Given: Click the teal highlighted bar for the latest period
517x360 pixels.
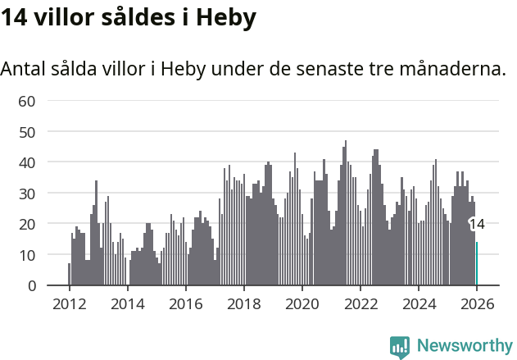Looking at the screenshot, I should (477, 264).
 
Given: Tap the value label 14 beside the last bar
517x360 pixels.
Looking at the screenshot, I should (477, 224).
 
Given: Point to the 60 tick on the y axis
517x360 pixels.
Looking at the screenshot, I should (28, 101).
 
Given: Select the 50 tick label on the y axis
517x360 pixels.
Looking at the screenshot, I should (28, 132).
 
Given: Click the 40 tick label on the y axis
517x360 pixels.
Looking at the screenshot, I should (28, 162).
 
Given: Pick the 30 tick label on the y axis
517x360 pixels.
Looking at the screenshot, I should (28, 194).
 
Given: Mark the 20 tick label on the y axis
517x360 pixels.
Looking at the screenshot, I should (28, 224).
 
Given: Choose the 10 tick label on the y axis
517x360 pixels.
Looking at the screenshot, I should (28, 255).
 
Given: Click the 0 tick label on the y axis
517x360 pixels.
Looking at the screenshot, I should (32, 285).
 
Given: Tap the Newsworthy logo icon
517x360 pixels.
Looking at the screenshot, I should (400, 347).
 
